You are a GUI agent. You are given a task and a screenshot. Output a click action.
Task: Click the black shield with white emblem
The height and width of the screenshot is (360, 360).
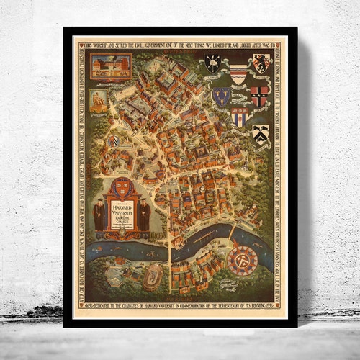coord(212,64)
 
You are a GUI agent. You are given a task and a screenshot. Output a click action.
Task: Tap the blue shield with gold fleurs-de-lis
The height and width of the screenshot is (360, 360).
coord(221,96)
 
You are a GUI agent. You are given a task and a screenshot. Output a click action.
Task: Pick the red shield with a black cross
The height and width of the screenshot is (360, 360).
coord(259,94)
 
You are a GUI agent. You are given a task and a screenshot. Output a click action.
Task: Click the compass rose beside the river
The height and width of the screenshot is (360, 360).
coord(243,260)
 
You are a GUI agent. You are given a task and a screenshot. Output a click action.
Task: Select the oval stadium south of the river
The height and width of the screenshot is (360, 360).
coord(153,276)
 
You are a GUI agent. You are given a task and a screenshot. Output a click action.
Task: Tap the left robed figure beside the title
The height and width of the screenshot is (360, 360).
coord(99,214)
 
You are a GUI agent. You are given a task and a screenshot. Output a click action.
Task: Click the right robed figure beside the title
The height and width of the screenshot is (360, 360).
coord(144,214)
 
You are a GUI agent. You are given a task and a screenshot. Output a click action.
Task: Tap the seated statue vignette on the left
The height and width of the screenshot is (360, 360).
coord(99,102)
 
